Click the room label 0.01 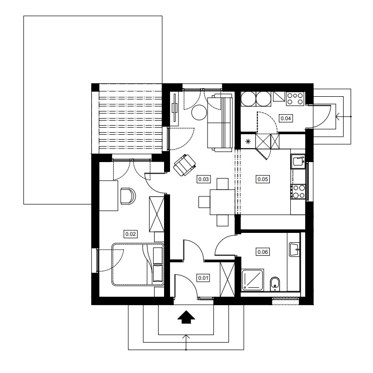click(203, 278)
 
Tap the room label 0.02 click(131, 234)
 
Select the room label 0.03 click(203, 179)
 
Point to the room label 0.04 click(286, 118)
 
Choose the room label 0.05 click(263, 179)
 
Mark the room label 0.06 click(263, 252)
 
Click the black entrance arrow click(186, 317)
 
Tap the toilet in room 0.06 click(275, 284)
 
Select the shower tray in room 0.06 click(253, 280)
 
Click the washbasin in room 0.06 click(295, 249)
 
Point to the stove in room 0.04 click(295, 99)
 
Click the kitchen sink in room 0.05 click(298, 162)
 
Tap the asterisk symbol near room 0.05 click(248, 142)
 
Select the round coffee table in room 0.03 click(199, 113)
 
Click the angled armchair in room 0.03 click(185, 165)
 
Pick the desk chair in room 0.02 click(128, 196)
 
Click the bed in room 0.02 click(138, 264)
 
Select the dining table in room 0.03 click(222, 202)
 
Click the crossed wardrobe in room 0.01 click(228, 279)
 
